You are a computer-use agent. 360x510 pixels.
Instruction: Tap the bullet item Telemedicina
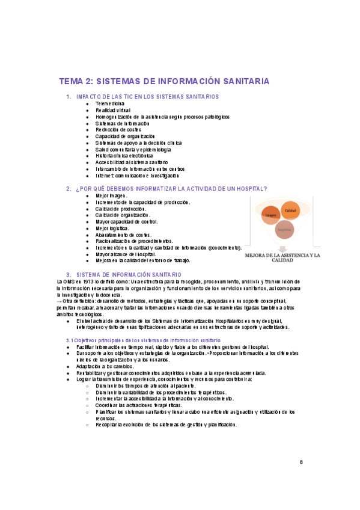click(x=106, y=103)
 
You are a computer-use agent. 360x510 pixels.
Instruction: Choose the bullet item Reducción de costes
click(x=118, y=129)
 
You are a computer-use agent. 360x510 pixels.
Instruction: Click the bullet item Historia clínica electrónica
click(x=124, y=156)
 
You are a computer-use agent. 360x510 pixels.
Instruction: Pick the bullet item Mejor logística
click(x=112, y=228)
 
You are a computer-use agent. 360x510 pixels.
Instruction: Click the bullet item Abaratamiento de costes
click(x=123, y=235)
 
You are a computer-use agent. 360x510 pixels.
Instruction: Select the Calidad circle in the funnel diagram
click(x=290, y=210)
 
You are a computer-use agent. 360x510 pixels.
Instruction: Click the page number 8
click(x=301, y=462)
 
